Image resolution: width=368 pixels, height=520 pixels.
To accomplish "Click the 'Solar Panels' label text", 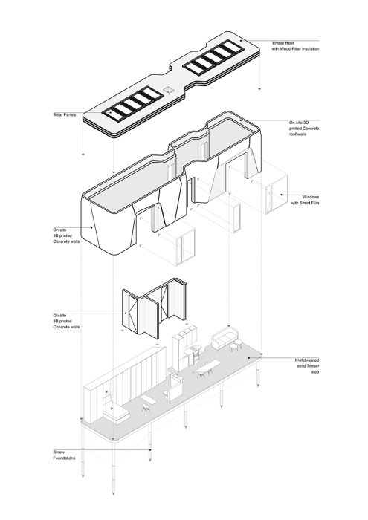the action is tap(65, 114).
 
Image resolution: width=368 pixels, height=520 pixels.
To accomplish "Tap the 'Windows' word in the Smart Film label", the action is tap(311, 197).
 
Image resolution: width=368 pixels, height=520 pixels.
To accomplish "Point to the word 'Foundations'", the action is tap(64, 458).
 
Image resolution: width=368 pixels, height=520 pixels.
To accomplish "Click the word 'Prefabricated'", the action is tap(307, 360).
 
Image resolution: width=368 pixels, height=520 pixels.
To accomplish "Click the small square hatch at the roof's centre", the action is tap(168, 90).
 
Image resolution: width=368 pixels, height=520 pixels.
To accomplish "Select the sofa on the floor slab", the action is tap(225, 337).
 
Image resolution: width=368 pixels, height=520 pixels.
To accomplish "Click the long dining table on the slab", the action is tap(208, 366).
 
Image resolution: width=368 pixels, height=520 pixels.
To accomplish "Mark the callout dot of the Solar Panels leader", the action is tap(110, 112).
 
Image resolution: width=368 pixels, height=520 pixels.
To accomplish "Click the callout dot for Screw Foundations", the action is tap(150, 449).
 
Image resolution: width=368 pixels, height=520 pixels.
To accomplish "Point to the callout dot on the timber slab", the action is tap(250, 358).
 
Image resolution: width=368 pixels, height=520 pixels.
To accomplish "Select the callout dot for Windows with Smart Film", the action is tap(281, 195).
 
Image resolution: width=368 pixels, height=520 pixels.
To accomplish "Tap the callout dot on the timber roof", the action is tap(241, 40).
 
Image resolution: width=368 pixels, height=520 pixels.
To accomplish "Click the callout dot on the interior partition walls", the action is tap(126, 313).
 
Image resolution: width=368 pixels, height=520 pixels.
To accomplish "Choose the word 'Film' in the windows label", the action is tap(314, 203).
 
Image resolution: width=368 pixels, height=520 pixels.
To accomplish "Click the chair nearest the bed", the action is tap(146, 408).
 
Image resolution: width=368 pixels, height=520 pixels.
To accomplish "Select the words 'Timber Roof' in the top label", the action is tap(283, 43).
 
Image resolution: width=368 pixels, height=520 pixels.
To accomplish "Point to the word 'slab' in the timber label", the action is tap(315, 372).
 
